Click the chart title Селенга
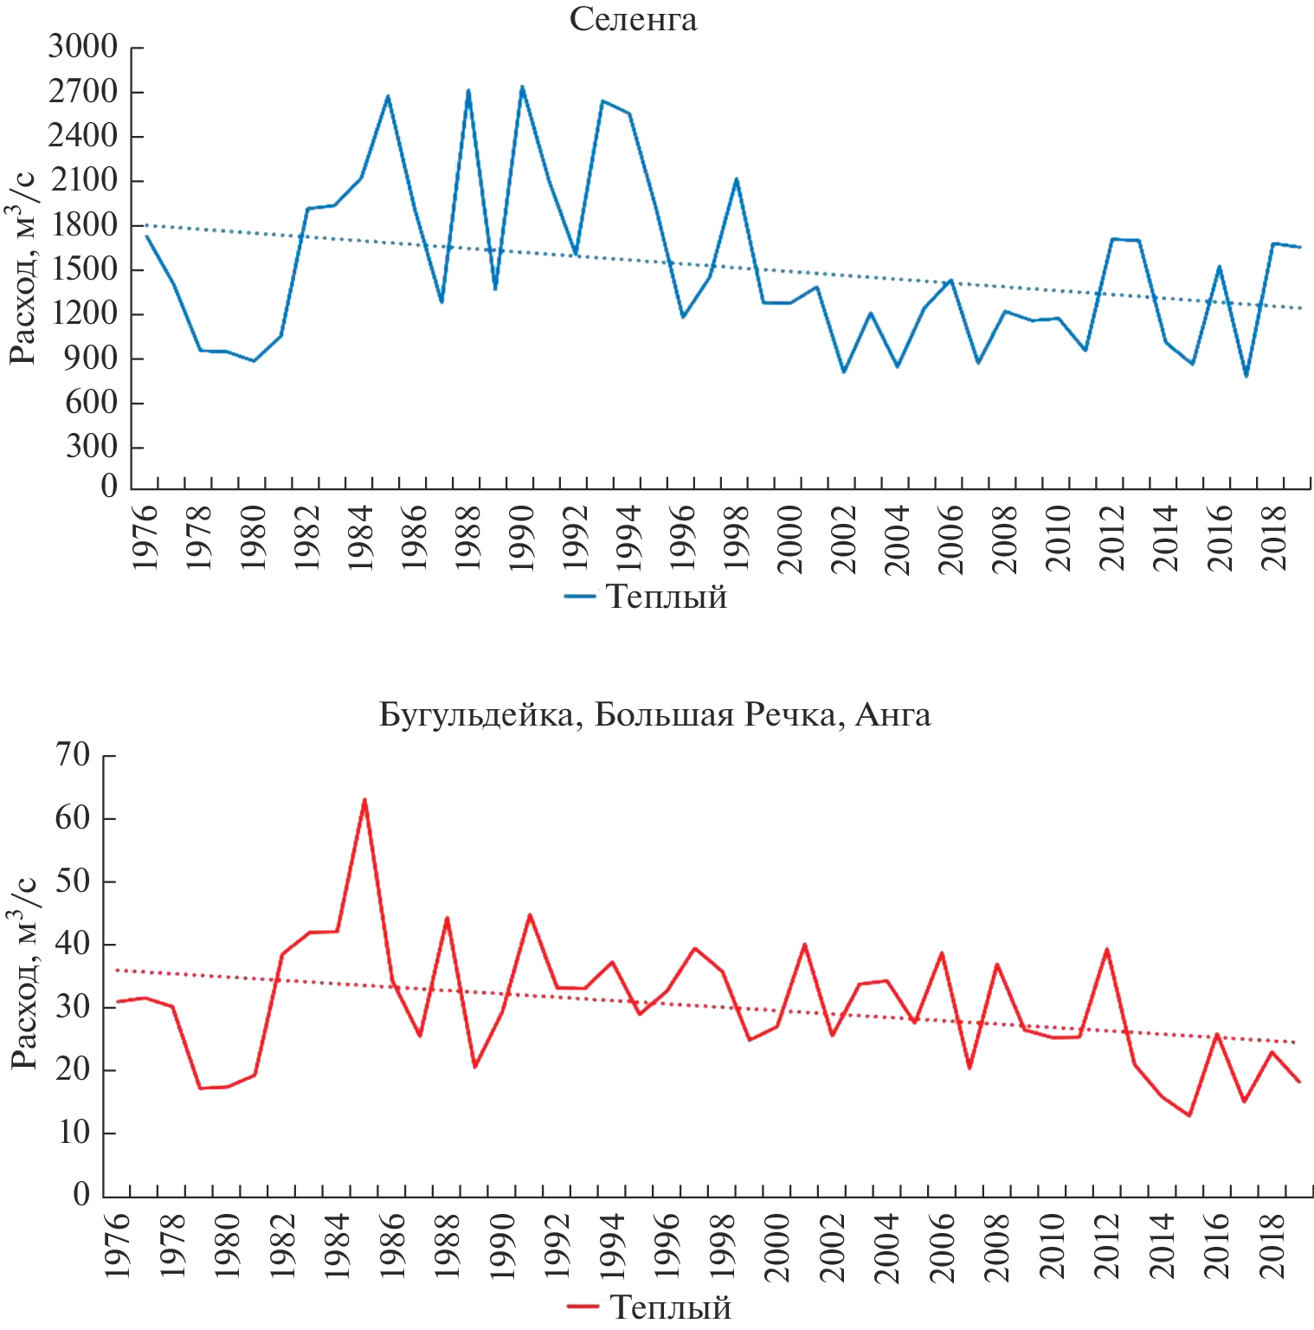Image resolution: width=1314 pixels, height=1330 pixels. click(x=633, y=19)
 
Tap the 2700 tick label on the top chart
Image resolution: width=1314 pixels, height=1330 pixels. click(x=82, y=92)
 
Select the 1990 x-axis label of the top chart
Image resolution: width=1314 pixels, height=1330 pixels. click(x=522, y=539)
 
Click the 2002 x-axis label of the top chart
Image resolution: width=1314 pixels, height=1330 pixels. click(x=844, y=539)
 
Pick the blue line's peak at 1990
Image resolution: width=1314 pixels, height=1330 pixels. click(x=522, y=87)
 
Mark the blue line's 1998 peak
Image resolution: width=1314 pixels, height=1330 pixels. click(x=737, y=179)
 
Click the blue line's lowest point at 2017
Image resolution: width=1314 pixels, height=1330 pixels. click(x=1246, y=376)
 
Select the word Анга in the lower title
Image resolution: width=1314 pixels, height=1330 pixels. click(x=892, y=715)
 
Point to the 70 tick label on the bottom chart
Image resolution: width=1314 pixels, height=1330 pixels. click(x=74, y=755)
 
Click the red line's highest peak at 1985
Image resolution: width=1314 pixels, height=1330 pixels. click(x=364, y=800)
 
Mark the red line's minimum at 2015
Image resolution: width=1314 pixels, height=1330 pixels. click(x=1189, y=1115)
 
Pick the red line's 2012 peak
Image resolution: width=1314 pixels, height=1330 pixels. click(x=1107, y=949)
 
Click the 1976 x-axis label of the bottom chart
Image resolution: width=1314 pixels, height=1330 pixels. click(x=117, y=1247)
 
